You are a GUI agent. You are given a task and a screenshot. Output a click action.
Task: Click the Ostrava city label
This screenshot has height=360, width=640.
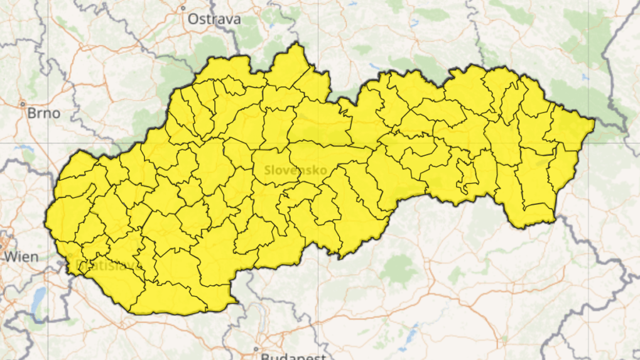pyautogui.click(x=214, y=19)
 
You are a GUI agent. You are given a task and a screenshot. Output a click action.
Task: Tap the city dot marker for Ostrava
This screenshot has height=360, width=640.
pyautogui.click(x=183, y=8)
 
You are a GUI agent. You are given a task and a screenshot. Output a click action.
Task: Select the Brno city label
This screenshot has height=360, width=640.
pyautogui.click(x=44, y=114)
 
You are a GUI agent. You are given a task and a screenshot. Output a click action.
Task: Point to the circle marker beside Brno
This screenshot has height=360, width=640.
pyautogui.click(x=23, y=104)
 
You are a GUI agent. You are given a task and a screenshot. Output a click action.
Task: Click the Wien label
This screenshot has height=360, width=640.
pyautogui.click(x=21, y=256)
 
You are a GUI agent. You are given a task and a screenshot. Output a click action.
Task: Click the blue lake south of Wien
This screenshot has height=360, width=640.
pyautogui.click(x=39, y=295)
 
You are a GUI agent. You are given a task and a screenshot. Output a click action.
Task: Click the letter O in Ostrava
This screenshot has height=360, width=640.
pyautogui.click(x=194, y=19)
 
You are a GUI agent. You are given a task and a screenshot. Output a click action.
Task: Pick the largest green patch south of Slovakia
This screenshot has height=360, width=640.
pyautogui.click(x=396, y=270)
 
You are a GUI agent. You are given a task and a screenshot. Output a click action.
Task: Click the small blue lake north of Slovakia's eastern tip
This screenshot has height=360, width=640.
pyautogui.click(x=585, y=77)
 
